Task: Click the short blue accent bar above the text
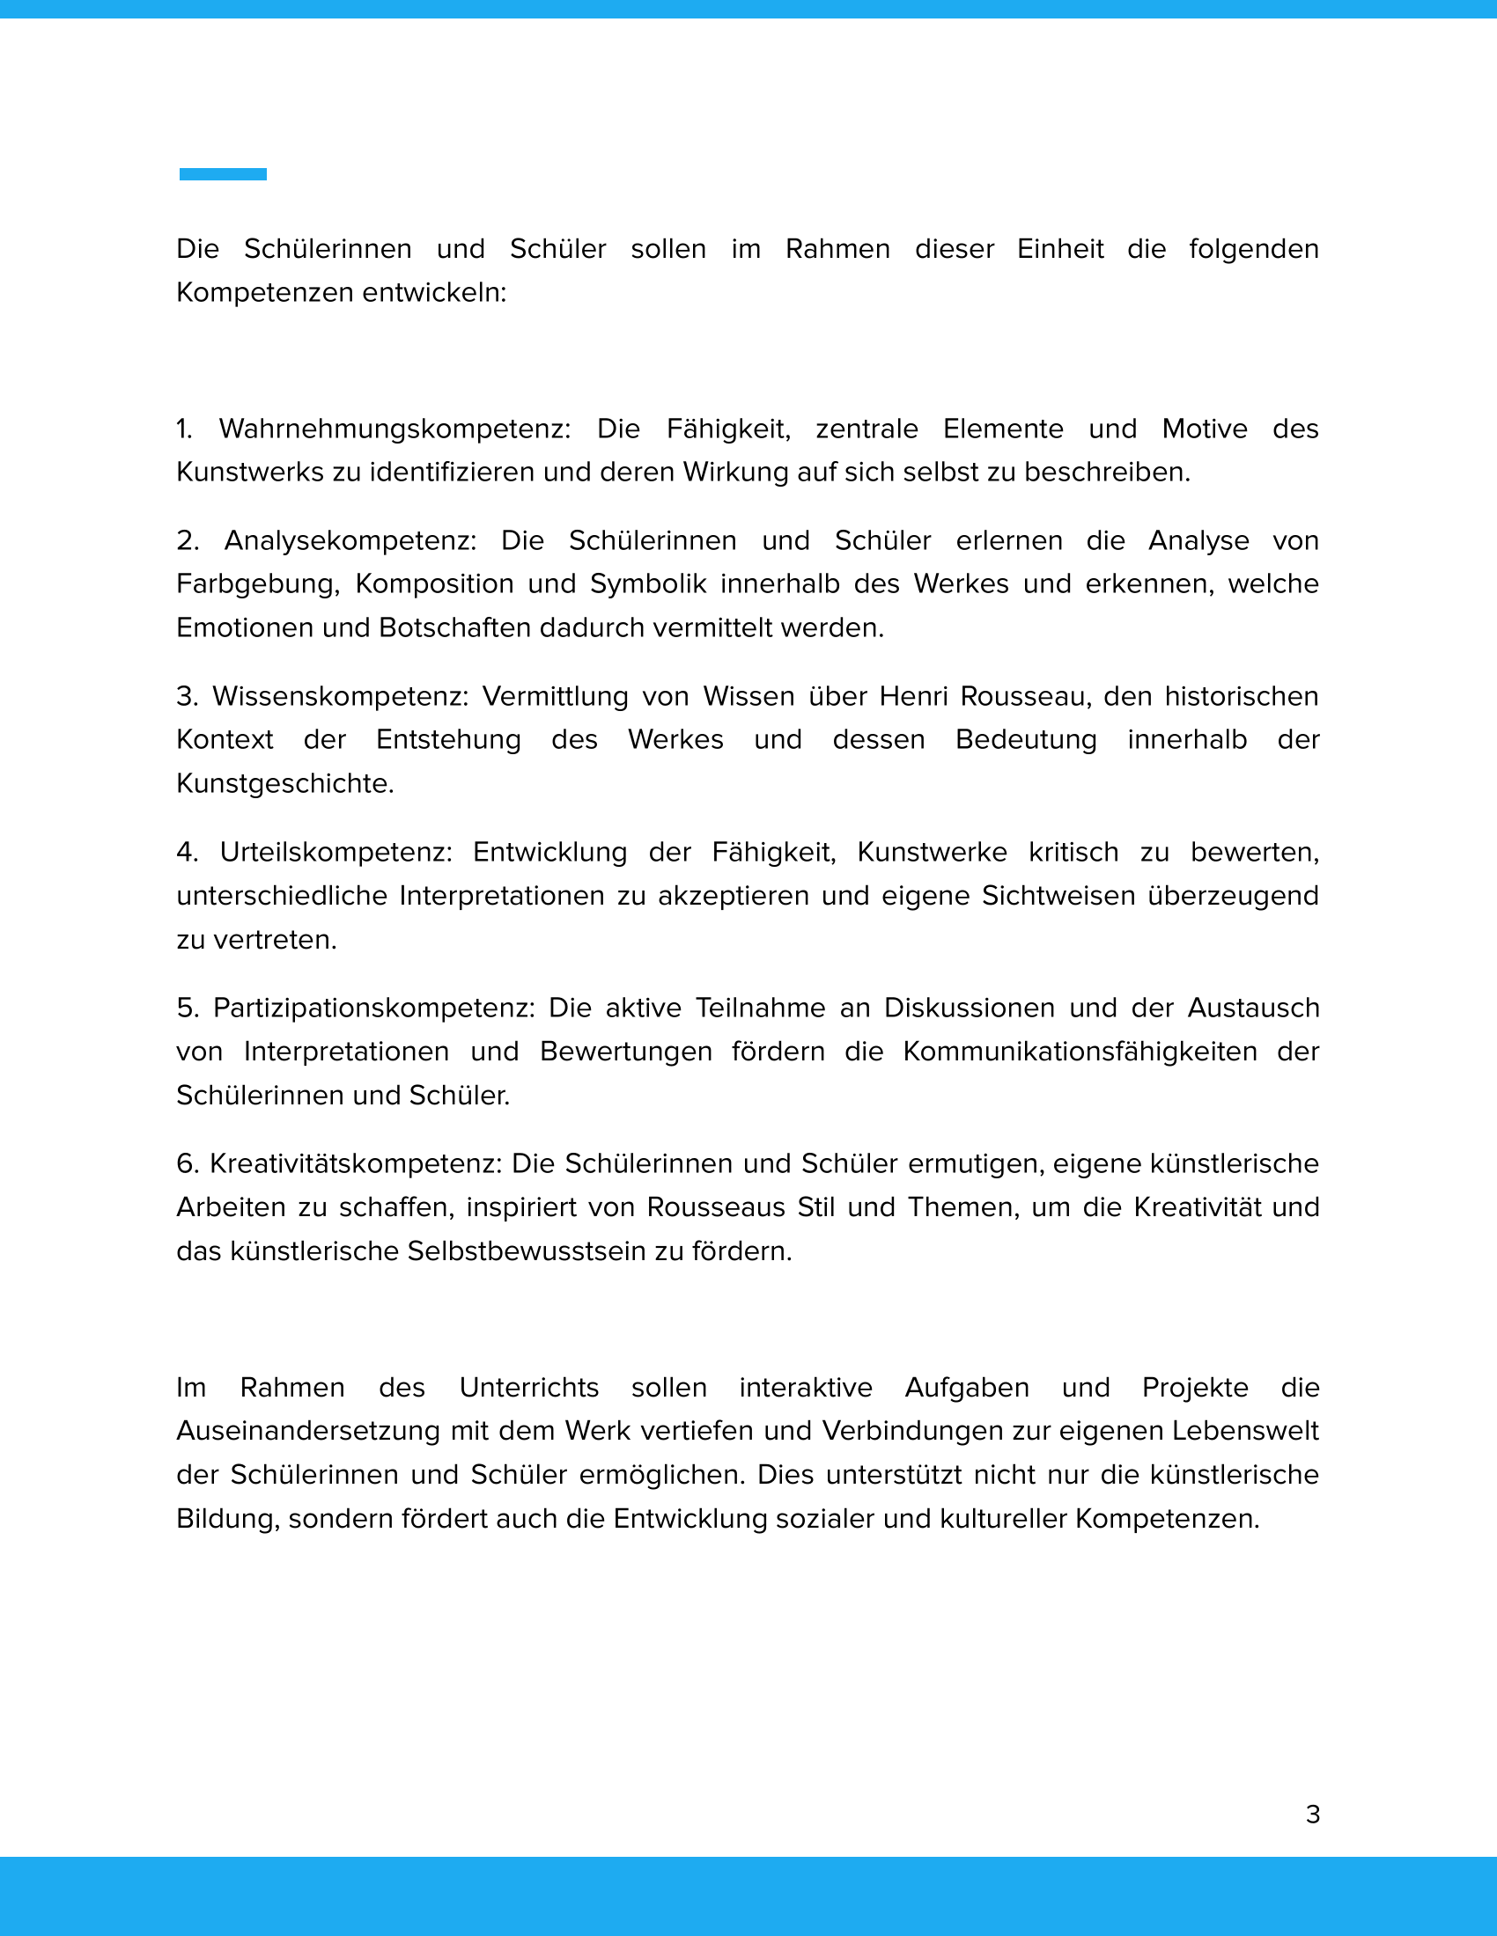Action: click(x=223, y=174)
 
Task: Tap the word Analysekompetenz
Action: click(x=350, y=540)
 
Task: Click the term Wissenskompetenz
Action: click(x=340, y=696)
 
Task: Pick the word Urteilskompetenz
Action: click(x=336, y=852)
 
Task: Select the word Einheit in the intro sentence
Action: click(x=1059, y=249)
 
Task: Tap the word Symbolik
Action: click(x=648, y=584)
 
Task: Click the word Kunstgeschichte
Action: click(x=284, y=783)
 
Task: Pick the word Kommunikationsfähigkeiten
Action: click(x=1080, y=1052)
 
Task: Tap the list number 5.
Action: click(x=186, y=1008)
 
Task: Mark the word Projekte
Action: click(x=1195, y=1387)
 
